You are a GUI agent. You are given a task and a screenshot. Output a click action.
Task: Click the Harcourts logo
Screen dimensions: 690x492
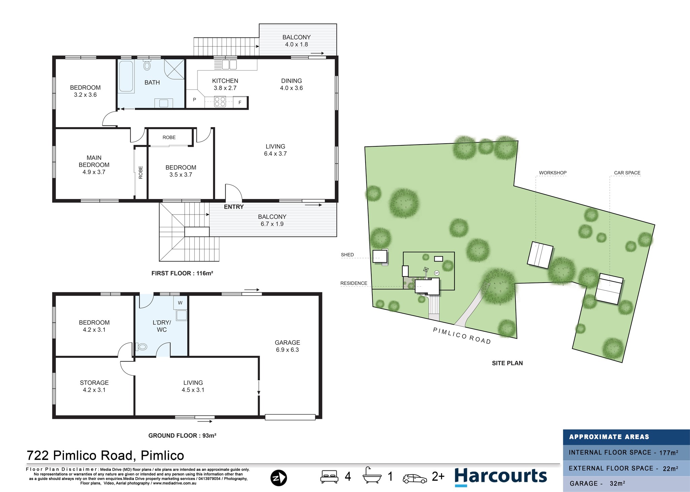pos(500,476)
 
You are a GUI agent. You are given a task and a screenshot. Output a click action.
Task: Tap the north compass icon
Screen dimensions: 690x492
pos(279,478)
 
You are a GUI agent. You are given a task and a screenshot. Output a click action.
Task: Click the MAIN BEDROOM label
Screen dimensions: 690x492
pos(94,165)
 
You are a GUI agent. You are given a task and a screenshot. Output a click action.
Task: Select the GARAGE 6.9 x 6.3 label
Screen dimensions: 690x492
pos(287,346)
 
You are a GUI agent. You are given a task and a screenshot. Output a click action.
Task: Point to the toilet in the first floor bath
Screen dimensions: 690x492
pos(147,65)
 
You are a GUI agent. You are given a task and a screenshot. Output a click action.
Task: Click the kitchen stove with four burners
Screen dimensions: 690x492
pos(220,102)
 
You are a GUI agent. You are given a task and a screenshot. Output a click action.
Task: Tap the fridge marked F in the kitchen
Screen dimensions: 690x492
pos(240,102)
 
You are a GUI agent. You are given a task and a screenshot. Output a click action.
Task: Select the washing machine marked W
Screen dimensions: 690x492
pos(180,303)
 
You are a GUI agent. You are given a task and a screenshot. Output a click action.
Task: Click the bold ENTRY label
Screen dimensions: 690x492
pos(234,207)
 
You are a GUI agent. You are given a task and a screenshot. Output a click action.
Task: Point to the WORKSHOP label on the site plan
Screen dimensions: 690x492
pos(553,173)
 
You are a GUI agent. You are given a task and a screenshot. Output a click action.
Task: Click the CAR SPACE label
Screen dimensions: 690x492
pos(627,173)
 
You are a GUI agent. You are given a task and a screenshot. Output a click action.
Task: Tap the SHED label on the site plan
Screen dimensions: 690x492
pos(347,255)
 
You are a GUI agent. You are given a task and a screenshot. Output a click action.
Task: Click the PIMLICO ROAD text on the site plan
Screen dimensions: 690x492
pos(462,336)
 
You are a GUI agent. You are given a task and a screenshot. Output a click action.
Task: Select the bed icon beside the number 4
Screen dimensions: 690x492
pos(329,476)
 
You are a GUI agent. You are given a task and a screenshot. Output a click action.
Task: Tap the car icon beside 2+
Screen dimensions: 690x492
pos(415,478)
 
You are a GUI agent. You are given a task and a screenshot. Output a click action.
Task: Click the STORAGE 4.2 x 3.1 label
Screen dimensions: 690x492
pos(94,386)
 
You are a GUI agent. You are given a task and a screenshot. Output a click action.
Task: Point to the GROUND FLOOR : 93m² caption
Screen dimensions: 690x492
pos(182,435)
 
